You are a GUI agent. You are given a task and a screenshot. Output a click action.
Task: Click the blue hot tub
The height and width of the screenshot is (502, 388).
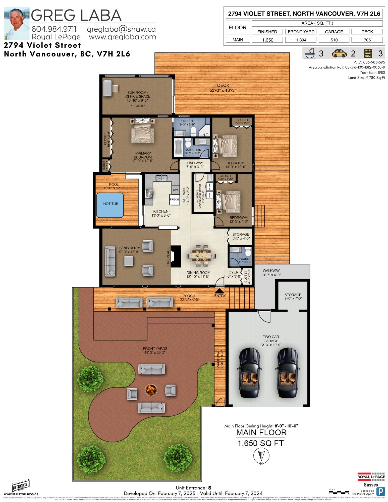click(x=110, y=205)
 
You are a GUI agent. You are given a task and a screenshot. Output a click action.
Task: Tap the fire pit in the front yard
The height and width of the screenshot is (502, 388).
click(x=151, y=390)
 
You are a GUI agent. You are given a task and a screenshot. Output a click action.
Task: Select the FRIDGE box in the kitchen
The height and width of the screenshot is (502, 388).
click(x=175, y=200)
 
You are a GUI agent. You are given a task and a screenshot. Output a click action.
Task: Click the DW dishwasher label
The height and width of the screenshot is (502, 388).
click(x=175, y=190)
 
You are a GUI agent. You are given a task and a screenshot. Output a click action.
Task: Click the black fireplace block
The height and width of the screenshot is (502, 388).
click(x=176, y=256)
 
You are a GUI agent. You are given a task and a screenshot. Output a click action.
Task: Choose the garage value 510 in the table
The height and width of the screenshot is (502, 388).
click(x=334, y=40)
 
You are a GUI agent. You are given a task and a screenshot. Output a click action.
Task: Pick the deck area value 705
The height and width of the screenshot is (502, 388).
click(x=367, y=40)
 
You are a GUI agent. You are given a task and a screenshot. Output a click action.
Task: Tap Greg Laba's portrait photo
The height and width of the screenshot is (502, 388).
click(x=17, y=24)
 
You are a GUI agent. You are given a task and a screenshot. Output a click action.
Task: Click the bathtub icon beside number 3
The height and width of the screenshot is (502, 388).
click(x=310, y=53)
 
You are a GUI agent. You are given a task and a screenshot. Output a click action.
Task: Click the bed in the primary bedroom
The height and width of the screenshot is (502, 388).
click(x=142, y=131)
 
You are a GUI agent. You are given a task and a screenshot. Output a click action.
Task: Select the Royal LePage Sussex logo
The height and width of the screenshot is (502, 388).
click(x=371, y=480)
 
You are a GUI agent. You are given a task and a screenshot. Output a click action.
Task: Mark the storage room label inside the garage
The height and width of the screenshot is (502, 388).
click(x=293, y=296)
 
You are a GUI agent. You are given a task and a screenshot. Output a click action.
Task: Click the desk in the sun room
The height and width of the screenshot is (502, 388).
click(x=108, y=88)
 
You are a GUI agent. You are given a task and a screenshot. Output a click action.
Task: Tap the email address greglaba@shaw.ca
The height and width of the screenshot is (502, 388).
click(x=121, y=29)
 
